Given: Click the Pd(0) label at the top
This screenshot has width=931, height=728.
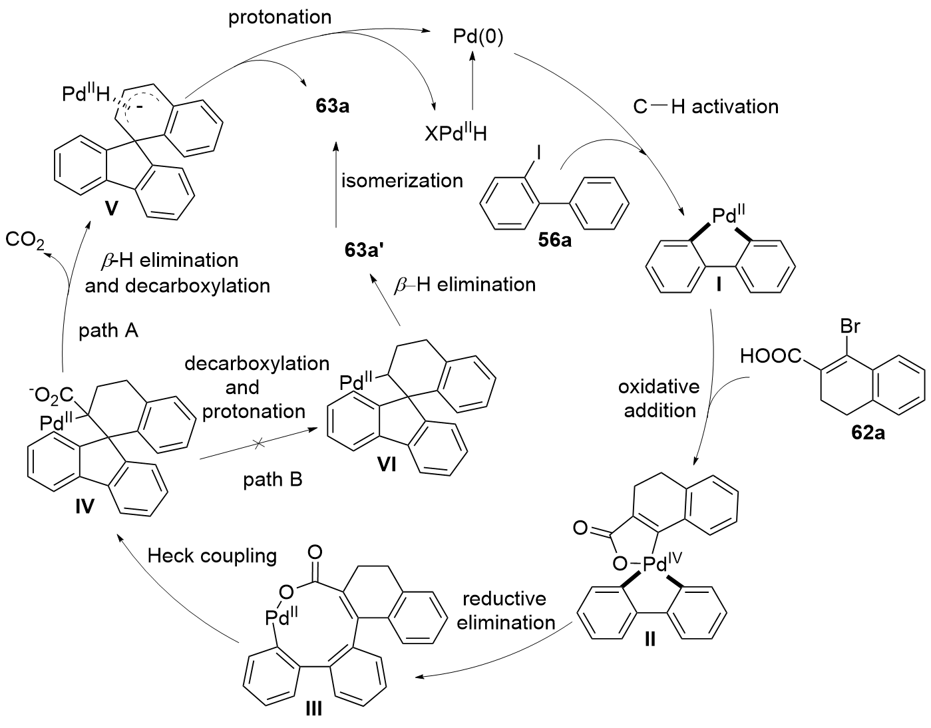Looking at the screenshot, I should [477, 36].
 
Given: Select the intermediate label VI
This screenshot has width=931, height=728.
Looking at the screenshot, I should [386, 464].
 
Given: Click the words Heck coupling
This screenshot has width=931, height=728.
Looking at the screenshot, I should [212, 555].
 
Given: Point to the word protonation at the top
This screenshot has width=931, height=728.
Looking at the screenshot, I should [279, 17].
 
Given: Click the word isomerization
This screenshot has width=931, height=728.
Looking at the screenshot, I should [402, 180].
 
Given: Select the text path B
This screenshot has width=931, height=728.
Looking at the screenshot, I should [272, 478].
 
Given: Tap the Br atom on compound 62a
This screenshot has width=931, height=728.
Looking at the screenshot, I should [851, 327].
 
